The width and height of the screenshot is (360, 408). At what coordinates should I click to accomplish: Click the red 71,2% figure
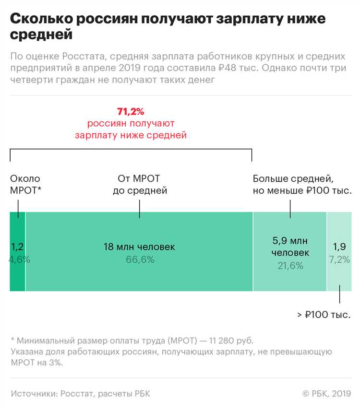point(131,112)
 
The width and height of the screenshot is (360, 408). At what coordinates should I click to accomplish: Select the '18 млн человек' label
point(139,247)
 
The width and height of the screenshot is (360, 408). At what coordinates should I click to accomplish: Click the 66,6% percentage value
point(139,259)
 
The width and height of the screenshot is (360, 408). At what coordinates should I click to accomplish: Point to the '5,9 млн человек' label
point(290,246)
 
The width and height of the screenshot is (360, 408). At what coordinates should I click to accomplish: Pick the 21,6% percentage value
point(290,265)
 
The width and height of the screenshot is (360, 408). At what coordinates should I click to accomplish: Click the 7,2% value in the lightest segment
point(339,259)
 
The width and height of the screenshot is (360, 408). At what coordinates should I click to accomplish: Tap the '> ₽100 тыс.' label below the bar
point(324,315)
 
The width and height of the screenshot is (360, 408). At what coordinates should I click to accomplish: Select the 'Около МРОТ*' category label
point(25,185)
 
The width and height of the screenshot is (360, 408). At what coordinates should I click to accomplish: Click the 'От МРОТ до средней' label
point(140,185)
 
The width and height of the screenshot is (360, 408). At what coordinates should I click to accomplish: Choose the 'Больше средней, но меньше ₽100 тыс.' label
point(302,185)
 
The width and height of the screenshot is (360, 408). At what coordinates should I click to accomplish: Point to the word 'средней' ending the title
point(41,35)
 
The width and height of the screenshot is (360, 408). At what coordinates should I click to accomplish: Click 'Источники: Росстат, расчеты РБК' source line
point(80,394)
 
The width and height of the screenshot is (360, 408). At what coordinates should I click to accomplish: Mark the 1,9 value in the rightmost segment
point(339,247)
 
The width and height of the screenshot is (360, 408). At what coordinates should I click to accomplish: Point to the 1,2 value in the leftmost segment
point(17,247)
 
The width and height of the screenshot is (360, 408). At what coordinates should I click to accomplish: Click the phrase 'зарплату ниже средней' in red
point(131,135)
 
